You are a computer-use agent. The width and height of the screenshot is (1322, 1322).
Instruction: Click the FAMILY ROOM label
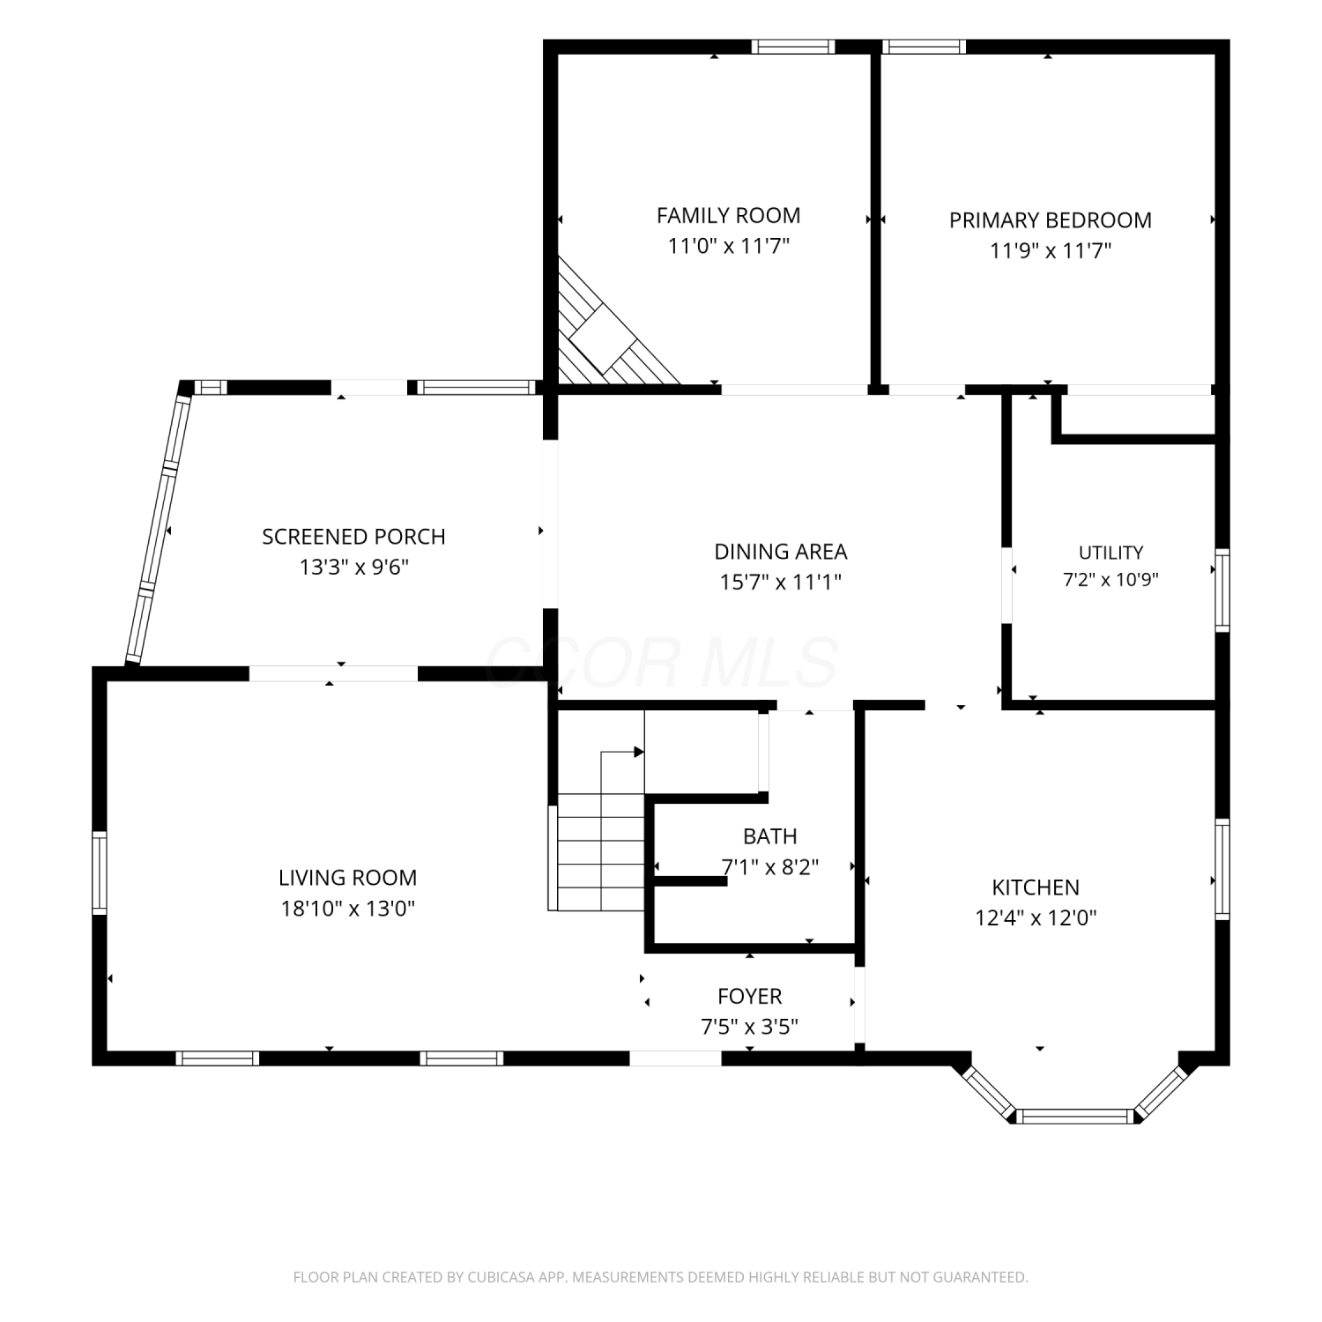[728, 215]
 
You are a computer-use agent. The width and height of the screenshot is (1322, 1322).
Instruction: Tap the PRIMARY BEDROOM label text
[1050, 220]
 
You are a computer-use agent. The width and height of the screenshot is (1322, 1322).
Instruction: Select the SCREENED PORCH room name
[353, 537]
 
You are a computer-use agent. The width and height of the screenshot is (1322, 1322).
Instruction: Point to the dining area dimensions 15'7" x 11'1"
[780, 582]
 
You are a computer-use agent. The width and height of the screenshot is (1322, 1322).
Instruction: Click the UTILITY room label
[1110, 553]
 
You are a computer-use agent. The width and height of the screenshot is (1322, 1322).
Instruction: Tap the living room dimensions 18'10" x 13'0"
[348, 908]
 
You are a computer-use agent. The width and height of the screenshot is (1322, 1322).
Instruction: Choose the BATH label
[769, 836]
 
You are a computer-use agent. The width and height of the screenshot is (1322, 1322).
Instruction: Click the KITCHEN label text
[1036, 888]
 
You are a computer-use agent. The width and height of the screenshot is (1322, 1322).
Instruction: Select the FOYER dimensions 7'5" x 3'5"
[749, 1027]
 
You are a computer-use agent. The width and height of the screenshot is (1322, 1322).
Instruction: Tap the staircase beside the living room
[599, 850]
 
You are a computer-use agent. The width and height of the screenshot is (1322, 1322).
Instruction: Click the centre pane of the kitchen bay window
[1074, 1117]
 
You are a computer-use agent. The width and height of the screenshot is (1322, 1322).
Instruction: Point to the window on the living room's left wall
[100, 873]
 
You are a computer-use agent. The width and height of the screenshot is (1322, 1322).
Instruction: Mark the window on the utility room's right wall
[1222, 590]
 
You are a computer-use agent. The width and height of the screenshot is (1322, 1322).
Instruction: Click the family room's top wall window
[792, 47]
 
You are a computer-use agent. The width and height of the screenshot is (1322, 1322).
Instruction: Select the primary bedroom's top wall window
[924, 47]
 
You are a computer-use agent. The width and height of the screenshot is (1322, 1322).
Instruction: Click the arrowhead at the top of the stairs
[639, 752]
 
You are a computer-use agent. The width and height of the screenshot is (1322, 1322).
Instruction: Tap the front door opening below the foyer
[676, 1058]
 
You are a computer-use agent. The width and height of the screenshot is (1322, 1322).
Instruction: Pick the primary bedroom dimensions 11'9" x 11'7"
[1050, 251]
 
